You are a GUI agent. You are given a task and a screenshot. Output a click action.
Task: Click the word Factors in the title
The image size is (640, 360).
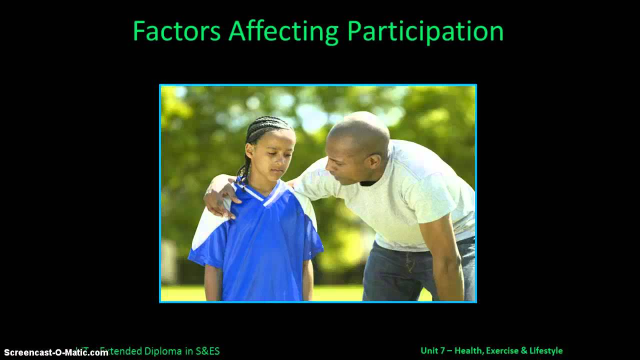click(x=176, y=31)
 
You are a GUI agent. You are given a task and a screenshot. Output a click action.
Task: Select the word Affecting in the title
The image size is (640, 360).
click(x=283, y=31)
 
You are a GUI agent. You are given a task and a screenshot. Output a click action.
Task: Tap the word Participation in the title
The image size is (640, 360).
click(x=425, y=31)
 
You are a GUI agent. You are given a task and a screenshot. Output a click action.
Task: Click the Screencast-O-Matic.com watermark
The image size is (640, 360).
click(x=56, y=352)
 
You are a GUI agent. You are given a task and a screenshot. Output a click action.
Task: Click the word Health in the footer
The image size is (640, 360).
click(x=468, y=351)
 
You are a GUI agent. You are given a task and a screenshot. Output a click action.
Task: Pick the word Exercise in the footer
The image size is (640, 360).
click(x=502, y=351)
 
